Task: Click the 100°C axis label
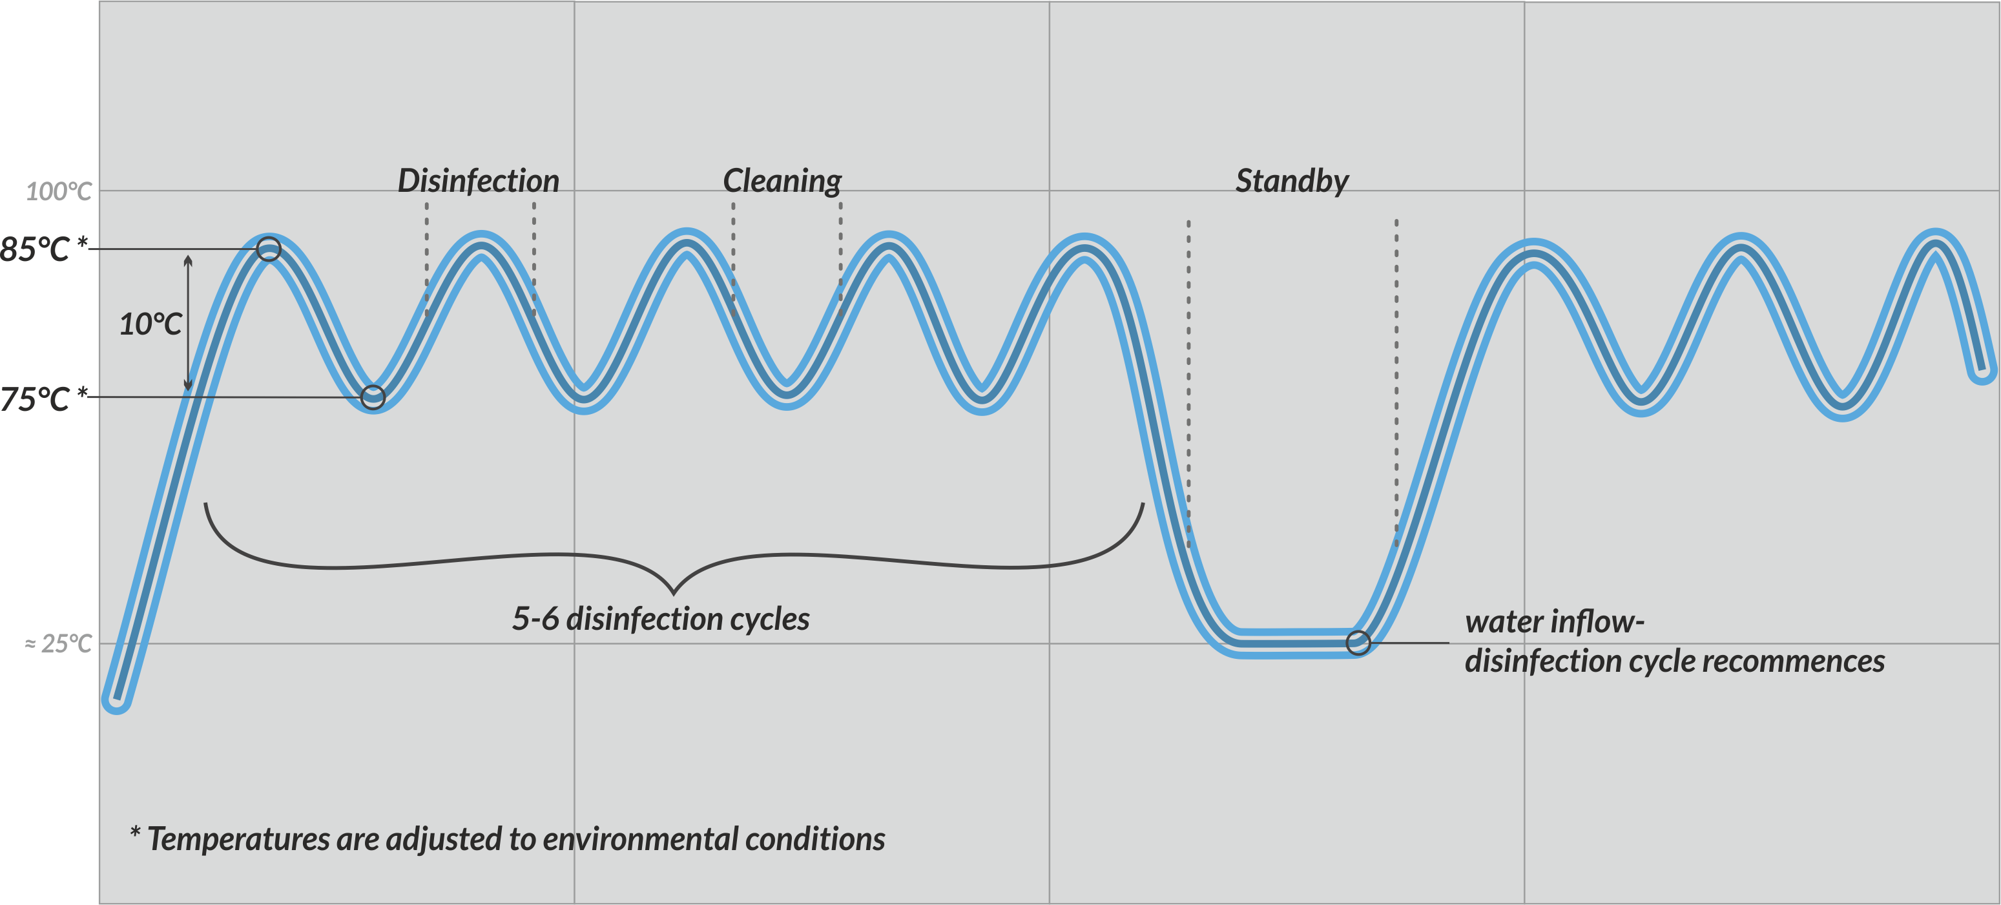[59, 191]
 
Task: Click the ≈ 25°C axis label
[58, 644]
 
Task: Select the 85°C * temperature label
[43, 249]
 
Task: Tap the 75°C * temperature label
[43, 399]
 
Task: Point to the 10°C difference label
[150, 324]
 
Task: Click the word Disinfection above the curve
[479, 181]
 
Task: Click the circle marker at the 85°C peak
[269, 249]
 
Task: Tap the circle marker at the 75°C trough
[373, 398]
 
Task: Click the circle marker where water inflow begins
[1358, 643]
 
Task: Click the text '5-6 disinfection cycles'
[661, 619]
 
